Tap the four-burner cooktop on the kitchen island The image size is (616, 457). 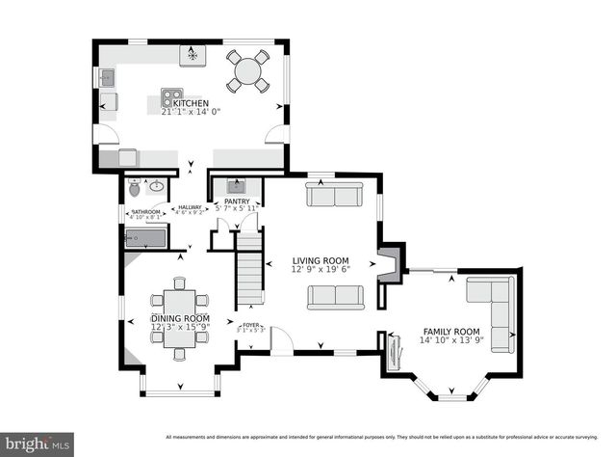pos(174,96)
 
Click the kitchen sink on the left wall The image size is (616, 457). pos(106,76)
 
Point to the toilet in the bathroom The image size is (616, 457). pos(134,188)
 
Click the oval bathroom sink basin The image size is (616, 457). pos(156,185)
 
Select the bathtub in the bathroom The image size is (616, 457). pos(147,237)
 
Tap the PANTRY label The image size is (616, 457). pos(237,202)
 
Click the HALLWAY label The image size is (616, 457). pos(188,207)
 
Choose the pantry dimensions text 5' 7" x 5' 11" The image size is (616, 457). pos(237,208)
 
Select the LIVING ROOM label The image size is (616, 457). pos(321,260)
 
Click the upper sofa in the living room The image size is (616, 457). pos(334,196)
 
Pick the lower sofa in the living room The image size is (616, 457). pos(335,297)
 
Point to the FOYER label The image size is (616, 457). pos(252,325)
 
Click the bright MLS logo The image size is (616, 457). pos(37,444)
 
